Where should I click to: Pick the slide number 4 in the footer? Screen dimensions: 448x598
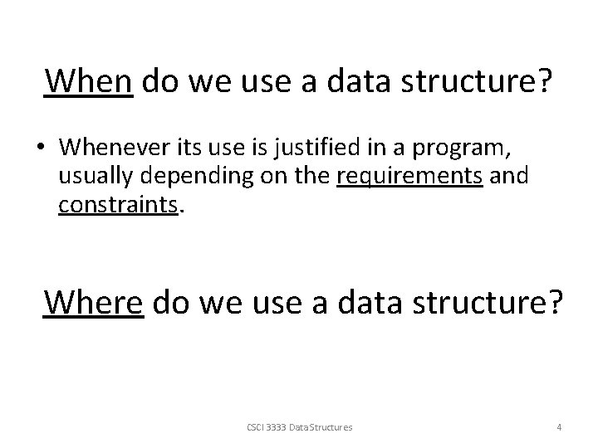pyautogui.click(x=559, y=427)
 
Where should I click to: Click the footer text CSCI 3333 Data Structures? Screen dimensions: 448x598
pyautogui.click(x=299, y=427)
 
